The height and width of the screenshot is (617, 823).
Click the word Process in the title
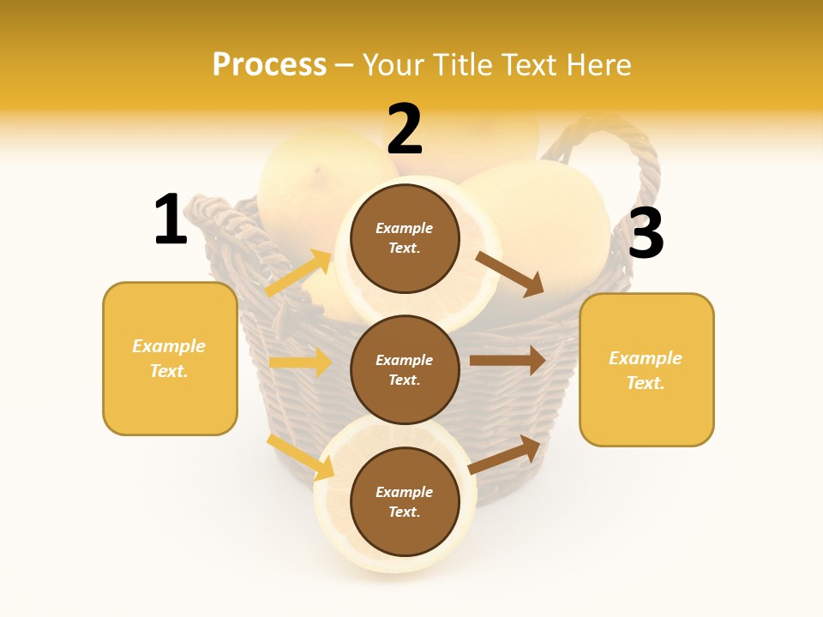point(269,64)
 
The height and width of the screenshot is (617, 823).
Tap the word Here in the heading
point(597,64)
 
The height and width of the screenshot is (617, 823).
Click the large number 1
point(171,219)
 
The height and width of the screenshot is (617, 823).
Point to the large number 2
point(405,129)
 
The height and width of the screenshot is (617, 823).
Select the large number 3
point(646,234)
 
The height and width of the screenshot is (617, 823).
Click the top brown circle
point(405,238)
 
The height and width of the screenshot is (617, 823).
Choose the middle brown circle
point(405,369)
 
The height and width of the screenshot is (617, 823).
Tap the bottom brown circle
point(405,501)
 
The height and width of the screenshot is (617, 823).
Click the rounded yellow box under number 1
point(170,358)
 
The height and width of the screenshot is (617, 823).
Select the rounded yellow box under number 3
point(646,369)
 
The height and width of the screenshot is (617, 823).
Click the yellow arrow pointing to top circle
point(298,273)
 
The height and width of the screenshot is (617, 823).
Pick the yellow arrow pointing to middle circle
point(300,362)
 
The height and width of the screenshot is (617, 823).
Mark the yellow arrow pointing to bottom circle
point(301,457)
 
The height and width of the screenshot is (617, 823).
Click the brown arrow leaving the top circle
point(510,273)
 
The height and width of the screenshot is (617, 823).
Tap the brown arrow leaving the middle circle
point(508,360)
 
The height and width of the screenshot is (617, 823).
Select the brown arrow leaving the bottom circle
point(505,454)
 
